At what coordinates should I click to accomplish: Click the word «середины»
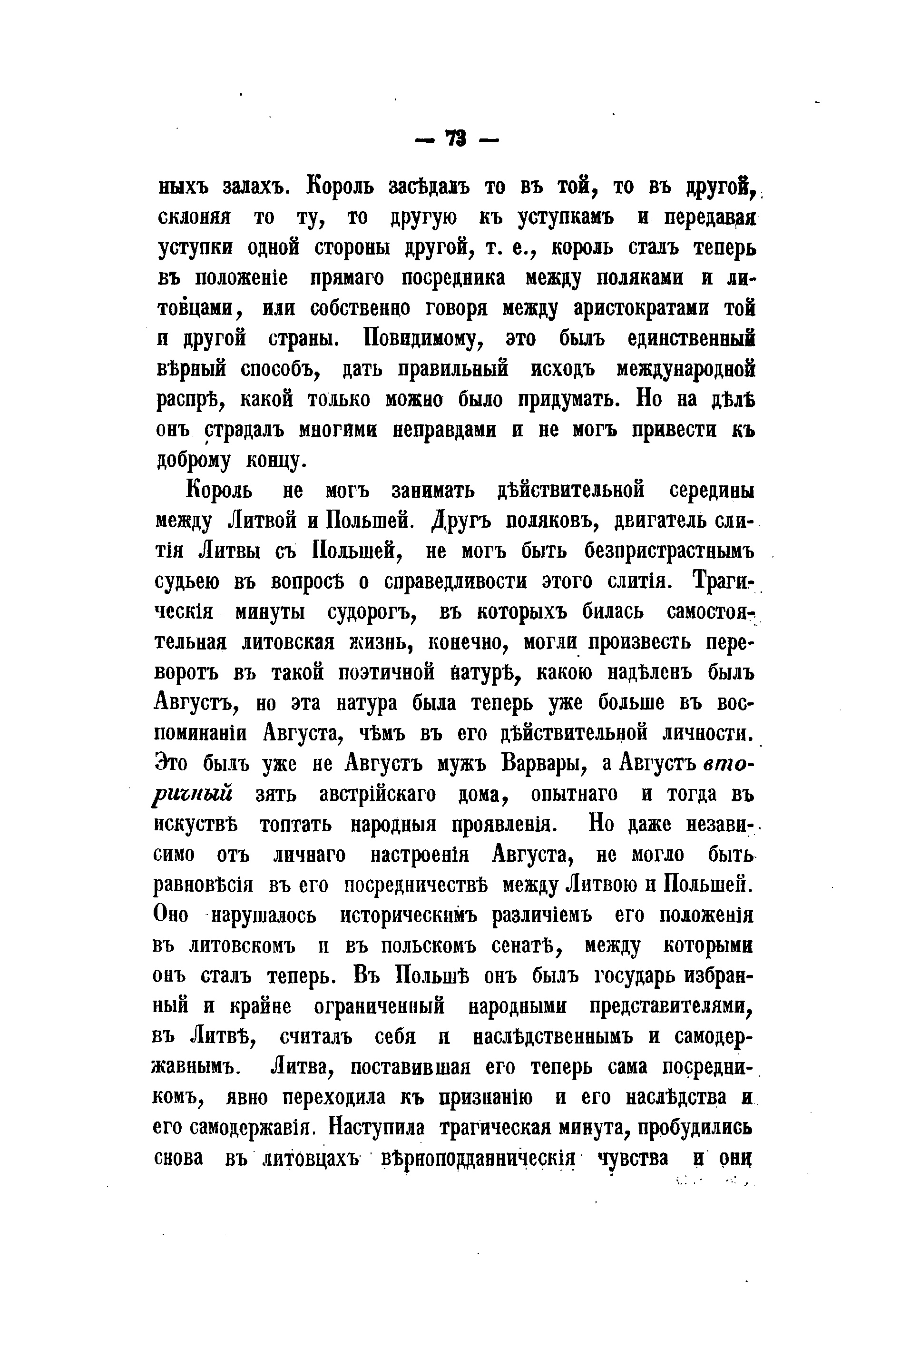(x=712, y=491)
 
